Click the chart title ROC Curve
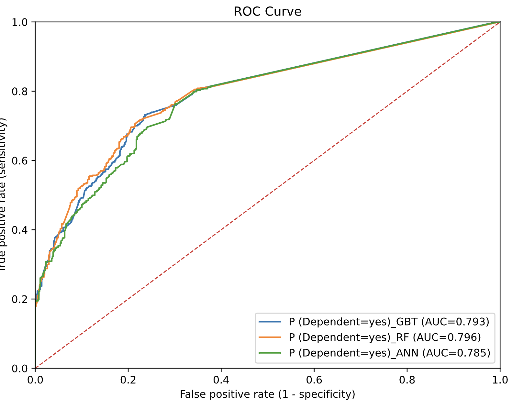click(267, 12)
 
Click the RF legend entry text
click(385, 337)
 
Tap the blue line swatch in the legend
click(270, 322)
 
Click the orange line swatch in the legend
click(270, 337)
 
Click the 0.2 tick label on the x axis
click(128, 380)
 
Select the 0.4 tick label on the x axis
click(221, 380)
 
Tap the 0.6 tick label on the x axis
click(314, 380)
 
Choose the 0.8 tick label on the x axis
click(407, 380)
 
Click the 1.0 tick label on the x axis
click(500, 380)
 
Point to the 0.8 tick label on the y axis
click(19, 91)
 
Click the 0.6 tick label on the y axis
click(19, 160)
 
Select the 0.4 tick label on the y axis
click(19, 230)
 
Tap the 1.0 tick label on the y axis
click(19, 22)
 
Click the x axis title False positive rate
click(267, 394)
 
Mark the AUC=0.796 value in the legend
click(449, 337)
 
